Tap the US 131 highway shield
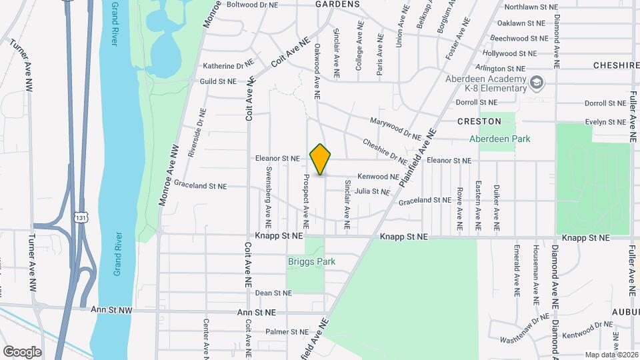[81, 217]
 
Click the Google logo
[22, 351]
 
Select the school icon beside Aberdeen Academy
[537, 83]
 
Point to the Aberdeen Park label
[499, 139]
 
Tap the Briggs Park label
[311, 261]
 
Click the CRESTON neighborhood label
[479, 121]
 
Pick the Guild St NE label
[218, 81]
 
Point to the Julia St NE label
[372, 191]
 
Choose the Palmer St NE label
[287, 331]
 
